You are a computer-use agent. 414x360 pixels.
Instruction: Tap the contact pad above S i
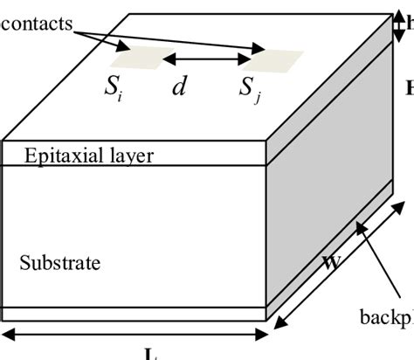pos(132,58)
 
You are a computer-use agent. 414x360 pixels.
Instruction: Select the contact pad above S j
pos(273,59)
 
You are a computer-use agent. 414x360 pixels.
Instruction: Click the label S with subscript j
pos(252,89)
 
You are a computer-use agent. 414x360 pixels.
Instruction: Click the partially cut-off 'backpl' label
pos(386,315)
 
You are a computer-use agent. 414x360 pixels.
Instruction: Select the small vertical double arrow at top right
pos(398,25)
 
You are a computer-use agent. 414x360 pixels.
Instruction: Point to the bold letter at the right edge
pos(409,87)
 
